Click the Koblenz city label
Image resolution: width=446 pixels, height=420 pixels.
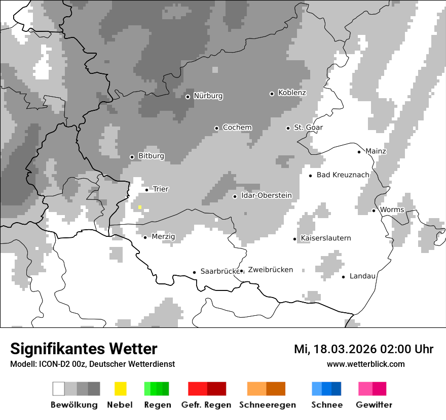coord(292,93)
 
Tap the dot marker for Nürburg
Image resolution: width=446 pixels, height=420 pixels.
coord(188,97)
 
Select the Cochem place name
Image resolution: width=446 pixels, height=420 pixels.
coord(237,128)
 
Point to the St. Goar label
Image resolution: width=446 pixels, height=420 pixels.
coord(308,128)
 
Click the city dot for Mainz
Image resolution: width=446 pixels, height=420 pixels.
coord(359,152)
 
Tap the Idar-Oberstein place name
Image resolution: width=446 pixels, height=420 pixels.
coord(267,195)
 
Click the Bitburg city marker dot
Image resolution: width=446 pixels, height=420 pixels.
coord(132,157)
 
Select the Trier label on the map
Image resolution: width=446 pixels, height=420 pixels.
coord(161,189)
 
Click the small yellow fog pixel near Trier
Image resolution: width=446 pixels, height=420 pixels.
coord(140,207)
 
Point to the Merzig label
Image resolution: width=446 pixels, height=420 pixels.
coord(163,237)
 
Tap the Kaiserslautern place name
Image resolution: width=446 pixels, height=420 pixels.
coord(325,238)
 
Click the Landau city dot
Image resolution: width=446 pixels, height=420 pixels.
coord(343,277)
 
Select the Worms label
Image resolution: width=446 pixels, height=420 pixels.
coord(392,210)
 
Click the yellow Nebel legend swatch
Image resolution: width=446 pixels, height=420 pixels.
coord(120,389)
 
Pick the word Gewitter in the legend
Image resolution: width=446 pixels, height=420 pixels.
coord(374,405)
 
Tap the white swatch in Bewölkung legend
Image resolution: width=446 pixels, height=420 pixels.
coord(59,389)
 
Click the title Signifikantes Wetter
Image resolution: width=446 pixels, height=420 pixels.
coord(84,349)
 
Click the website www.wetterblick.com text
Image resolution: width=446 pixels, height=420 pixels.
coord(365,364)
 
